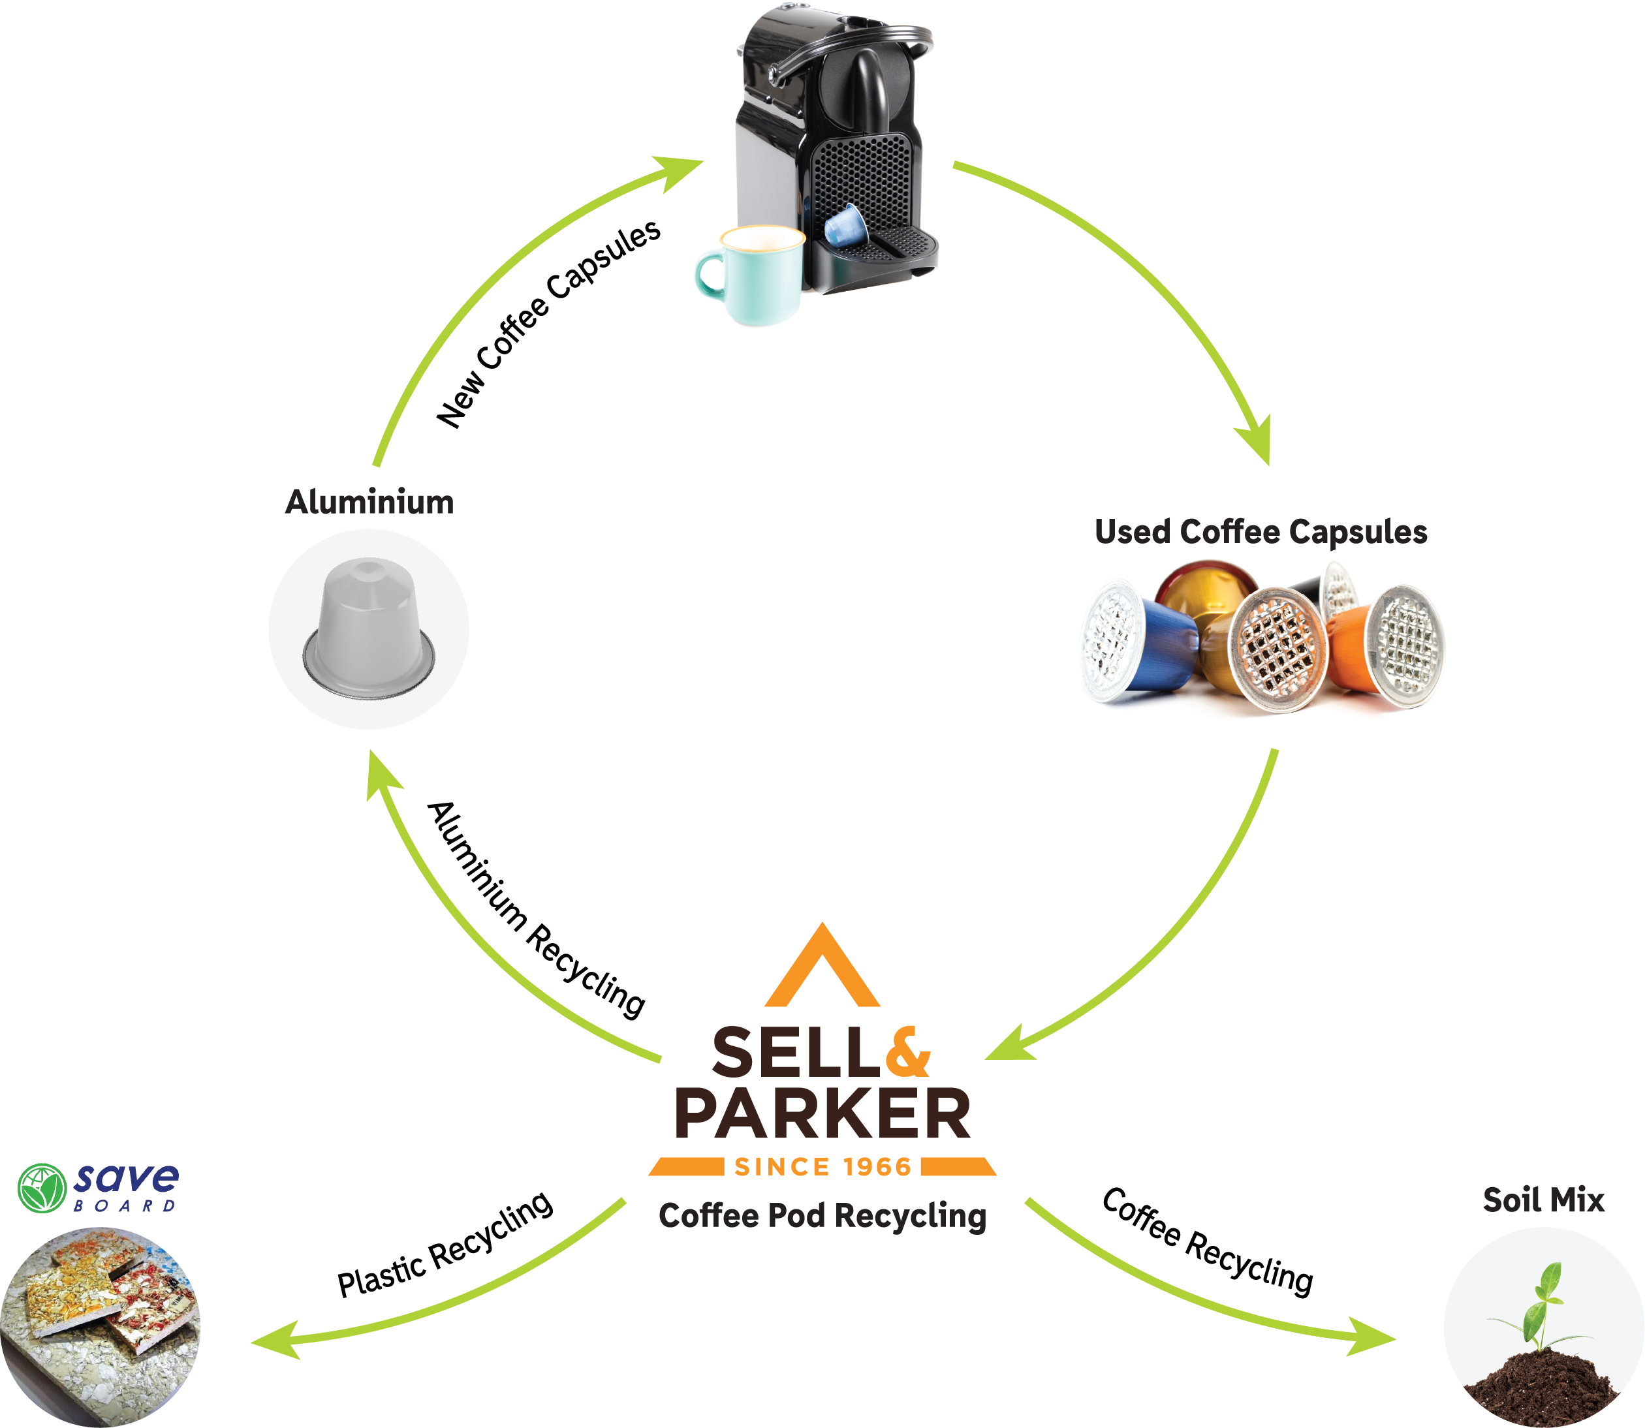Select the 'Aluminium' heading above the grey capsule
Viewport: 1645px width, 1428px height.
tap(370, 502)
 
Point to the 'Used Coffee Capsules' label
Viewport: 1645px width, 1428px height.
tap(1261, 531)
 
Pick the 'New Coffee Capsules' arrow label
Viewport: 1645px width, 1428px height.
tap(548, 322)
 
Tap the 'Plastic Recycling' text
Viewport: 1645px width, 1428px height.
tap(445, 1244)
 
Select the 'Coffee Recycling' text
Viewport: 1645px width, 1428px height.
tap(1208, 1241)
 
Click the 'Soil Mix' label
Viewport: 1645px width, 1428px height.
tap(1543, 1200)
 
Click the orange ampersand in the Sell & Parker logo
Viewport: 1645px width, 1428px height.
tap(907, 1052)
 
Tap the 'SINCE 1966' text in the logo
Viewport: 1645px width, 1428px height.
tap(822, 1167)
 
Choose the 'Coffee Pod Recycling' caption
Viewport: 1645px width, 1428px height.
tap(822, 1216)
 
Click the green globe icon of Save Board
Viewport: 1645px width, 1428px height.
tap(41, 1188)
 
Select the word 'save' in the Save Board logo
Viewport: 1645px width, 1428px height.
tap(126, 1178)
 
